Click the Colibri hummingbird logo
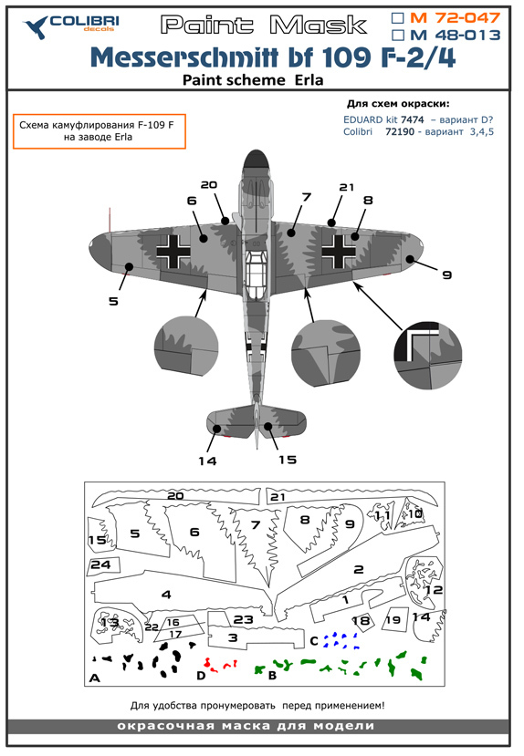click(x=37, y=27)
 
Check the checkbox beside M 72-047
click(x=398, y=18)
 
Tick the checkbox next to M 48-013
click(x=398, y=36)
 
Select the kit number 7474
click(x=412, y=119)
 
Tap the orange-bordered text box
click(x=99, y=131)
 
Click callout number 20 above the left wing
click(x=209, y=184)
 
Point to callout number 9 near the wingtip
click(x=446, y=274)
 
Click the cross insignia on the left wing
click(x=173, y=250)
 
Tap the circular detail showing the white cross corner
click(x=428, y=355)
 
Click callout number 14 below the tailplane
click(x=207, y=461)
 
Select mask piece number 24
click(x=103, y=565)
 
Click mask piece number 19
click(x=394, y=619)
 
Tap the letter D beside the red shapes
click(x=201, y=676)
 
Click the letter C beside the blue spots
click(x=314, y=641)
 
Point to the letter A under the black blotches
click(x=95, y=678)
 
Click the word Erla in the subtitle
click(x=309, y=80)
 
